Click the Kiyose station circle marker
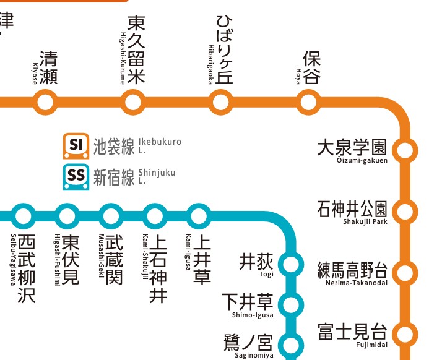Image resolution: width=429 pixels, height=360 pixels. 44,101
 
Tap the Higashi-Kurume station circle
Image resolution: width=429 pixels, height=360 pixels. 132,101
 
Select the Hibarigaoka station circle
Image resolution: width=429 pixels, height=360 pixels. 220,101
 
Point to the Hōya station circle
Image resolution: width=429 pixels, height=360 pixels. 308,101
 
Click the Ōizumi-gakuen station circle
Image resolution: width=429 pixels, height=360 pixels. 405,150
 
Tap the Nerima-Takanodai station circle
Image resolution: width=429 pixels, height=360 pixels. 405,273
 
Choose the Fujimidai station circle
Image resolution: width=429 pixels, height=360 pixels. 405,334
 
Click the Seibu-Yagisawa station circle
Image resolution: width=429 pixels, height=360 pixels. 24,216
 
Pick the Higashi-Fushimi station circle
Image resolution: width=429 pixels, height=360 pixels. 67,216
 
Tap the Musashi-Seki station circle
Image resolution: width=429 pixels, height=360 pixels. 111,216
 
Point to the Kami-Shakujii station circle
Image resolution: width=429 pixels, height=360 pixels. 155,216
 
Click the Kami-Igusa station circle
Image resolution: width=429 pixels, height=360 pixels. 199,216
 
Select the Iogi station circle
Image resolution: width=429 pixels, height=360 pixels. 290,265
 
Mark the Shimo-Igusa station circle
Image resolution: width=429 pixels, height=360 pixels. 290,304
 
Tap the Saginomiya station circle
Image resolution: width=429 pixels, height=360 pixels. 290,343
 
